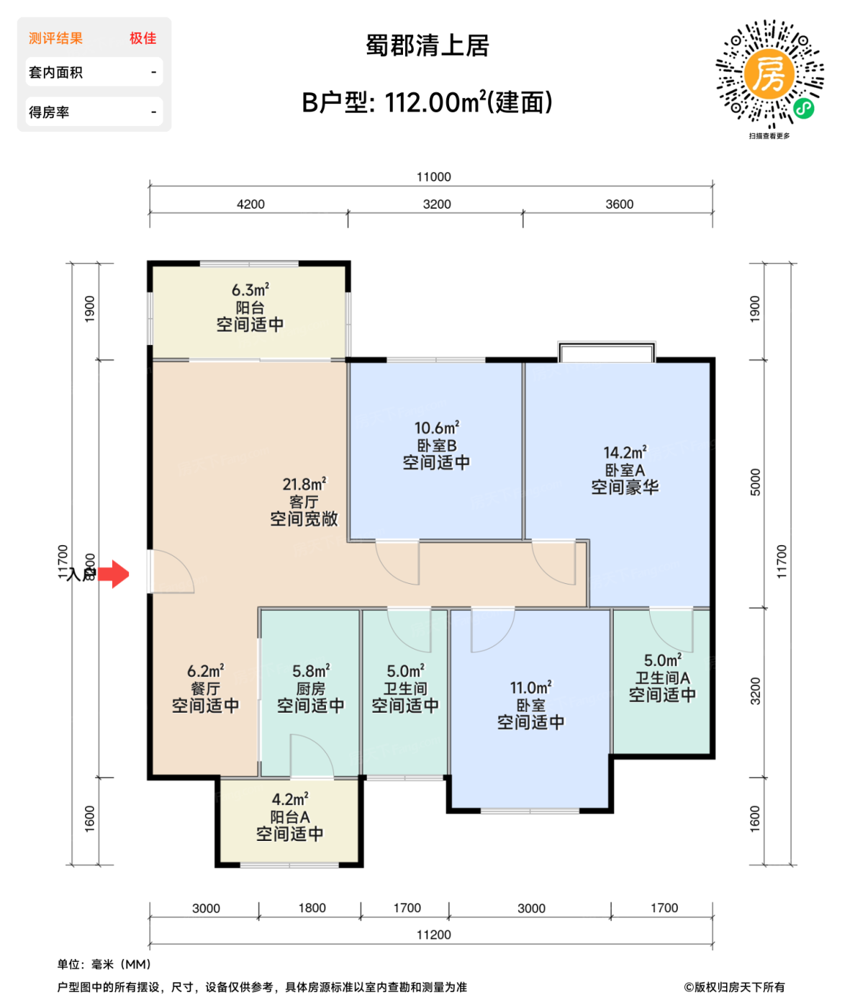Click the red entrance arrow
[x=114, y=575]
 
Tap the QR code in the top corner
[x=769, y=75]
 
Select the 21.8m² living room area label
[x=304, y=485]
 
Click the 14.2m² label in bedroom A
[x=625, y=453]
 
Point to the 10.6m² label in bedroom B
[x=436, y=428]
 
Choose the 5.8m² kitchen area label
[x=311, y=671]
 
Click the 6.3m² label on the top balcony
[x=250, y=290]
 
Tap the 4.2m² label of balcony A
[x=290, y=800]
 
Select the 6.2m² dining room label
[x=205, y=671]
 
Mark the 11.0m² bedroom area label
[x=530, y=688]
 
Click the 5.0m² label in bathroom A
[x=663, y=660]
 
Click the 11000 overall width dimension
[x=433, y=177]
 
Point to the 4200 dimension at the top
[x=250, y=204]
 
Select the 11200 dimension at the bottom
[x=433, y=935]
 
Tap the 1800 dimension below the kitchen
[x=312, y=908]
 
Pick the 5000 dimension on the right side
[x=755, y=482]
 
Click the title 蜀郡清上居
[x=427, y=45]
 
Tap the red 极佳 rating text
[x=142, y=38]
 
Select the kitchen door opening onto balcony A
[x=312, y=756]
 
